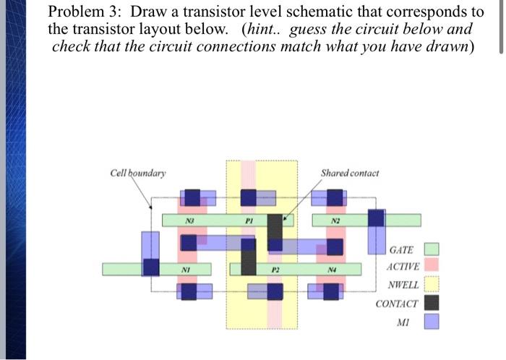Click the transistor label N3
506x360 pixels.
click(190, 220)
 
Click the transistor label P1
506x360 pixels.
click(247, 220)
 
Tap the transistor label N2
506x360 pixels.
click(335, 220)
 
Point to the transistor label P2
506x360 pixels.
click(275, 270)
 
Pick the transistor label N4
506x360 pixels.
click(332, 270)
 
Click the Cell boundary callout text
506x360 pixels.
click(137, 173)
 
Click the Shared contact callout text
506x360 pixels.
click(350, 173)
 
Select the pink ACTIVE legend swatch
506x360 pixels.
click(431, 267)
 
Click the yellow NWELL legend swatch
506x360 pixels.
click(431, 285)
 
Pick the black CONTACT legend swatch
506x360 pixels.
click(431, 303)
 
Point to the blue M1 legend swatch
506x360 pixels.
click(431, 320)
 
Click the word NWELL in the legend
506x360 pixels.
click(403, 286)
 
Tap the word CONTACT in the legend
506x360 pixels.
click(396, 304)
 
